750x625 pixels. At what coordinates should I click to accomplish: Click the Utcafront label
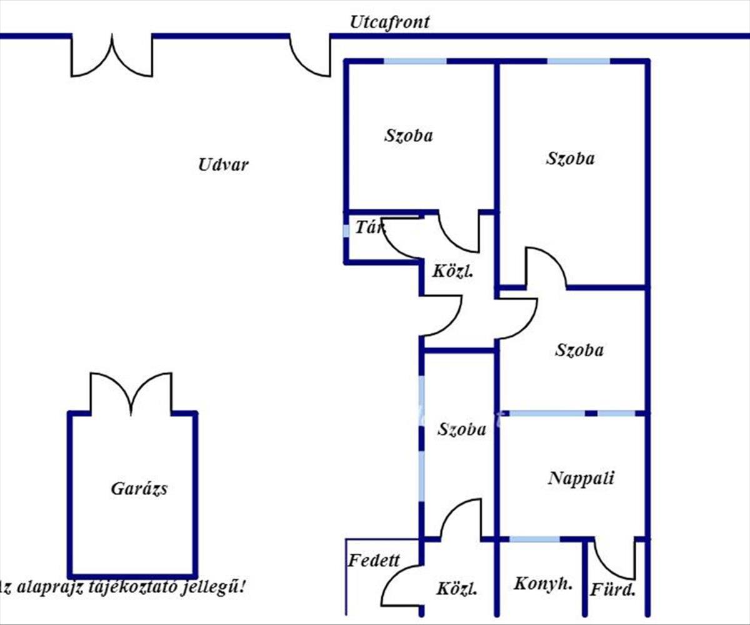389,22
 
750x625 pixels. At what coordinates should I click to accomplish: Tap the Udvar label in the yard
223,165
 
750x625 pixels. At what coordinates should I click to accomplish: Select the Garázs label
139,489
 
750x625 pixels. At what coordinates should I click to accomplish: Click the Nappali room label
581,479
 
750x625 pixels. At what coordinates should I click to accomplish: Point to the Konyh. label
543,584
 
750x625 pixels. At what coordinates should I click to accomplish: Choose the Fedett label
374,560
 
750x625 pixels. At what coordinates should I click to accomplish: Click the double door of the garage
131,394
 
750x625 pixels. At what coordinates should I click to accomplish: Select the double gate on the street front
112,56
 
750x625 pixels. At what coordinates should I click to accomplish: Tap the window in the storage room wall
346,231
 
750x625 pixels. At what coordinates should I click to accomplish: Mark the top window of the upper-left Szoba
415,61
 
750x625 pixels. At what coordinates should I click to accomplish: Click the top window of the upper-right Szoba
578,61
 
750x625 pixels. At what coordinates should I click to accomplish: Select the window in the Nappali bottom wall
534,539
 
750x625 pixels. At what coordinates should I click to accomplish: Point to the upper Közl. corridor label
452,272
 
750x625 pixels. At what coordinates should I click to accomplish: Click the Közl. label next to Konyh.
457,589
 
